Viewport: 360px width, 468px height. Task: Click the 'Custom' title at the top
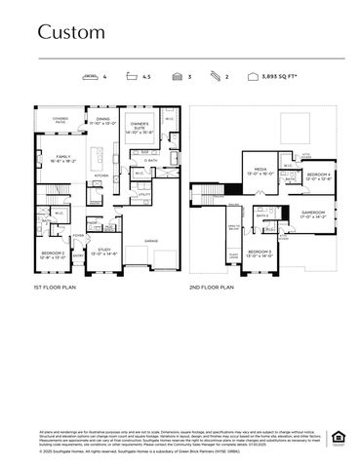tap(71, 32)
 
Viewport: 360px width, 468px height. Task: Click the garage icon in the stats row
tap(176, 75)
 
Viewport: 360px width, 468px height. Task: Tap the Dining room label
tap(102, 122)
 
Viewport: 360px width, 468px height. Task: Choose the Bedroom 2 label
tap(53, 254)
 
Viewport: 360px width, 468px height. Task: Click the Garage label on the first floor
tap(151, 240)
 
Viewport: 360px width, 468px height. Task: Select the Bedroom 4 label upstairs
tap(319, 176)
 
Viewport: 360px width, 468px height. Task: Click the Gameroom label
tap(313, 214)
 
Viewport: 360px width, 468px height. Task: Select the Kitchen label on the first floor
tap(100, 175)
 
